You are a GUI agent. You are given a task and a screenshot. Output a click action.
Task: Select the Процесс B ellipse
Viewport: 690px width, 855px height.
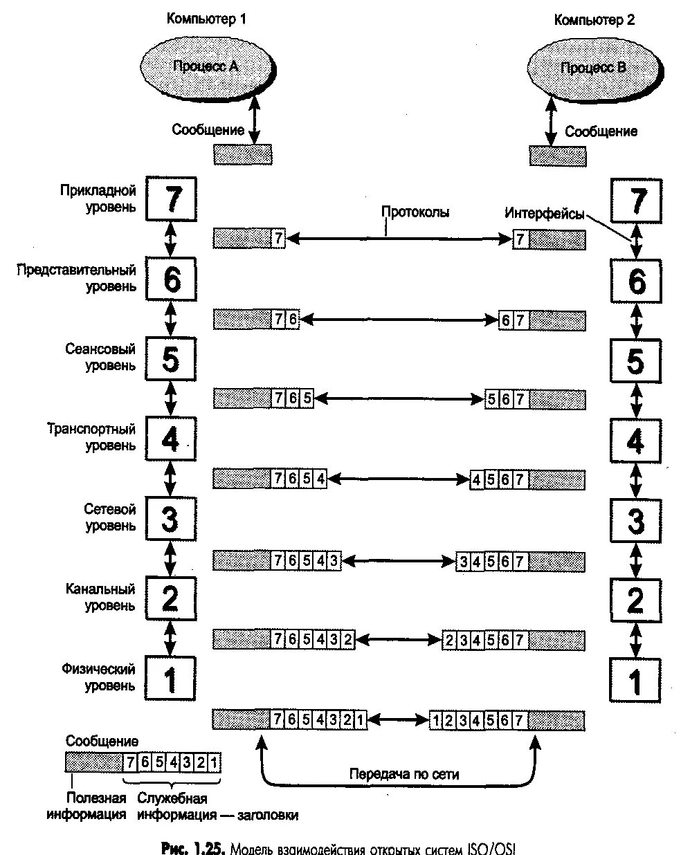(x=593, y=68)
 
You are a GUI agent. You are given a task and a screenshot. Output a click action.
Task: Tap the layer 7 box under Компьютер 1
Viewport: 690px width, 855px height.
(x=171, y=199)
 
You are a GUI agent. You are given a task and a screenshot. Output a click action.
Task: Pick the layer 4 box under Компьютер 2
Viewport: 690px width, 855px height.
(x=635, y=441)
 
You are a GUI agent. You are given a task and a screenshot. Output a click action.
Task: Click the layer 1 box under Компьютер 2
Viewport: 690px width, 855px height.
(x=635, y=681)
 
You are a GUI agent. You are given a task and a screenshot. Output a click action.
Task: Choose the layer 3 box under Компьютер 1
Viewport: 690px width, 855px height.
(x=171, y=519)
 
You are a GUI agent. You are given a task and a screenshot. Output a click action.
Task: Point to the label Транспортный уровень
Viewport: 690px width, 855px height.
(x=91, y=437)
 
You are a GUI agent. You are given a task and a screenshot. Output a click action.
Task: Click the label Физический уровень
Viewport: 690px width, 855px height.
(x=98, y=677)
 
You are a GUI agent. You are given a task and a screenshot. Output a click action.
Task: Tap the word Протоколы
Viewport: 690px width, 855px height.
(x=415, y=212)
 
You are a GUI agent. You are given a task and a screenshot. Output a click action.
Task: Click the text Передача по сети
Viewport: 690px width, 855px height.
(x=404, y=774)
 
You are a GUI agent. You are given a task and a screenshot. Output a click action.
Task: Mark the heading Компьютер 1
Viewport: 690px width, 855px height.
(x=206, y=19)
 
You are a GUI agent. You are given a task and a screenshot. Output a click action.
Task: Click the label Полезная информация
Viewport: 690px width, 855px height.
(x=87, y=806)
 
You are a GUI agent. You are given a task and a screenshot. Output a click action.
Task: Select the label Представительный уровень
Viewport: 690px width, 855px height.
(x=77, y=277)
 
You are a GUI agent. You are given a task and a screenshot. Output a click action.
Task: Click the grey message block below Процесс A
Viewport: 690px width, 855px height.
(x=242, y=154)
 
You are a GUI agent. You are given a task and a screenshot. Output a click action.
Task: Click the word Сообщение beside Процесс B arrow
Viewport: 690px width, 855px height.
(x=601, y=131)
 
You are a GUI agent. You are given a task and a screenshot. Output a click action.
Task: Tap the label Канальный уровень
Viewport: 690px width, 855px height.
(x=101, y=597)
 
